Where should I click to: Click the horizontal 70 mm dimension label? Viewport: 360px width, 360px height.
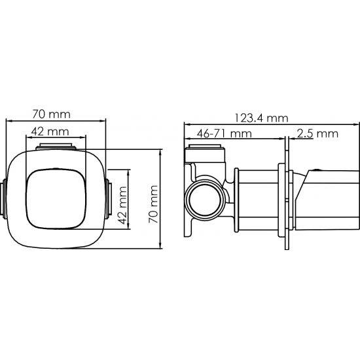[51, 114]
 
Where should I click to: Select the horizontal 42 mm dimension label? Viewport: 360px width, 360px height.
[50, 132]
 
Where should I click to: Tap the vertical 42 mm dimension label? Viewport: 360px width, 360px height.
[122, 206]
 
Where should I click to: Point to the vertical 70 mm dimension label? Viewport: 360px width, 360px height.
[153, 204]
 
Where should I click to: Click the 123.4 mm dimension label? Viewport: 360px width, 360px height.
[261, 118]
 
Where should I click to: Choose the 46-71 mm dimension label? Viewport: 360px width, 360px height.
[225, 134]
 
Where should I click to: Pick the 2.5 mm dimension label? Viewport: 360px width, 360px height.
[317, 134]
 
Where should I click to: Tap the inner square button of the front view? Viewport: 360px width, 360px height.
[56, 199]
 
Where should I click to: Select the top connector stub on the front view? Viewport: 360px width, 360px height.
[56, 147]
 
